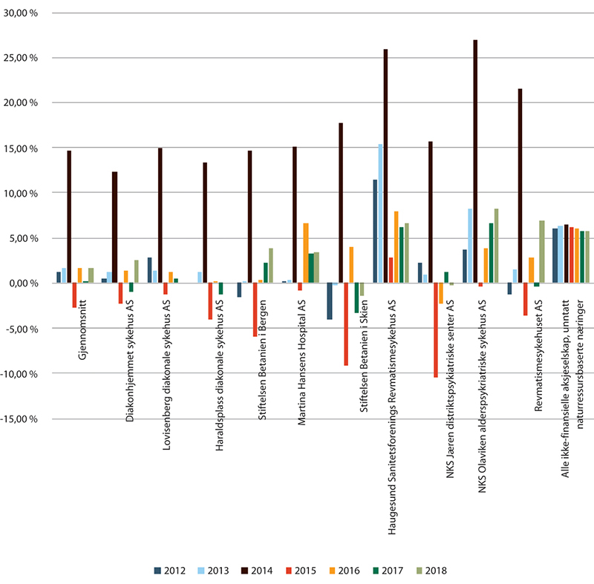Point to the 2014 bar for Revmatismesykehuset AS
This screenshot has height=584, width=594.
[x=520, y=186]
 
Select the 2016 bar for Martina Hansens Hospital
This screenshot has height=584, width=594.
[x=305, y=253]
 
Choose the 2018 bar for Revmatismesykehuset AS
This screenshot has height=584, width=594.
[x=541, y=252]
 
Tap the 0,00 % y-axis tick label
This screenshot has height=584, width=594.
[x=33, y=283]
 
